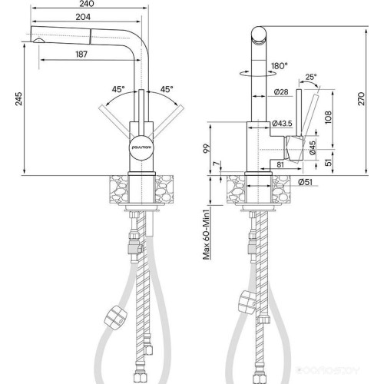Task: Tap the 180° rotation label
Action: (278, 67)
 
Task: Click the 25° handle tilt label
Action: (310, 77)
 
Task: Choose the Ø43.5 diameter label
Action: (285, 124)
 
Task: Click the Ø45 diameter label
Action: (313, 147)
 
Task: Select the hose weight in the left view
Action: (112, 315)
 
